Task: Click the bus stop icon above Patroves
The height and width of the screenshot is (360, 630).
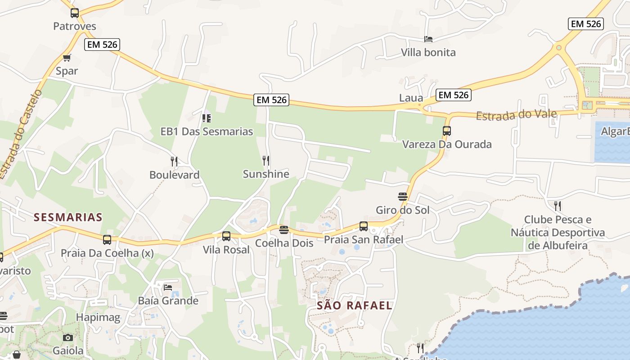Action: [75, 13]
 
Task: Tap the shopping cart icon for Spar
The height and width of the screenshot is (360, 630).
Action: [67, 58]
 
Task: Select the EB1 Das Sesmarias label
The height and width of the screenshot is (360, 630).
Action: [207, 131]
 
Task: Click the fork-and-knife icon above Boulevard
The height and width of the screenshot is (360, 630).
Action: [174, 161]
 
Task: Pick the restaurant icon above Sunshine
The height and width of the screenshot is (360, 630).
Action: [266, 160]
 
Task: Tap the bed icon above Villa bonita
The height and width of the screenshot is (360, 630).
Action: [428, 39]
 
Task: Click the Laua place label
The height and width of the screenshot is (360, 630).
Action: [411, 98]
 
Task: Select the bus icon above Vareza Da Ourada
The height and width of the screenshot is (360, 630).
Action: [446, 131]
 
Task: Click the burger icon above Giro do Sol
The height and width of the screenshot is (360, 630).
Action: [403, 197]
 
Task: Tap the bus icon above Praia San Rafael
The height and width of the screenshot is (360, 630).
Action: [364, 226]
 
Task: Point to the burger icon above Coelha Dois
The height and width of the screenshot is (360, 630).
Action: [283, 230]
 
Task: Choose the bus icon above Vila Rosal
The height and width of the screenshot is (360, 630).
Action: [226, 236]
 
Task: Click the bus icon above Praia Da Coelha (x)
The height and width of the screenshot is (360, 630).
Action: [107, 239]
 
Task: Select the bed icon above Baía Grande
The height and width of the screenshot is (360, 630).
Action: [168, 287]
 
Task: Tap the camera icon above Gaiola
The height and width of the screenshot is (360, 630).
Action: [68, 337]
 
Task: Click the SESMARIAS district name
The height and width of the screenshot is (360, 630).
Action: [68, 217]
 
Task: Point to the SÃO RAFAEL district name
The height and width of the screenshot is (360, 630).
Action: [355, 306]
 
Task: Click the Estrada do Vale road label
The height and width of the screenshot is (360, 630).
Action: [516, 114]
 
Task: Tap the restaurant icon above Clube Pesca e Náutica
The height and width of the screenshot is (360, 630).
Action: [558, 206]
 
